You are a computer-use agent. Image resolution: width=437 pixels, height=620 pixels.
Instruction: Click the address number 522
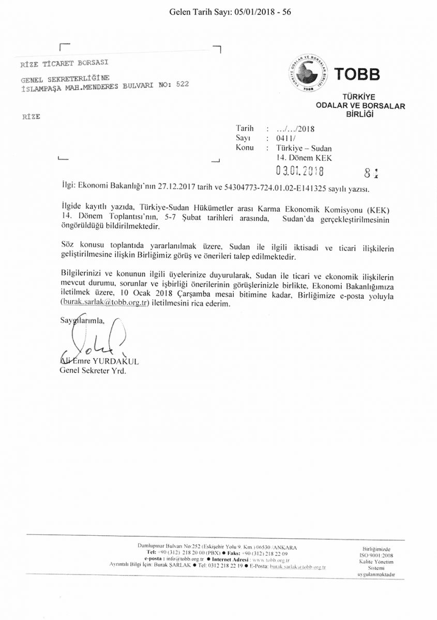click(182, 85)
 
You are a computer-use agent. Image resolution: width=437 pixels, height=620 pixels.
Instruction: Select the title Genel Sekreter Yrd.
click(93, 370)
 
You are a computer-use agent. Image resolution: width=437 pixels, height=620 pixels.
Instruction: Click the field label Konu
click(245, 147)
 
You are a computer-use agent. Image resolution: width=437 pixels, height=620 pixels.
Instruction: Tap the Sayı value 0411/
click(285, 138)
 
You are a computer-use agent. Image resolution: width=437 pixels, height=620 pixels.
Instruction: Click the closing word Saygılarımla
click(82, 320)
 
